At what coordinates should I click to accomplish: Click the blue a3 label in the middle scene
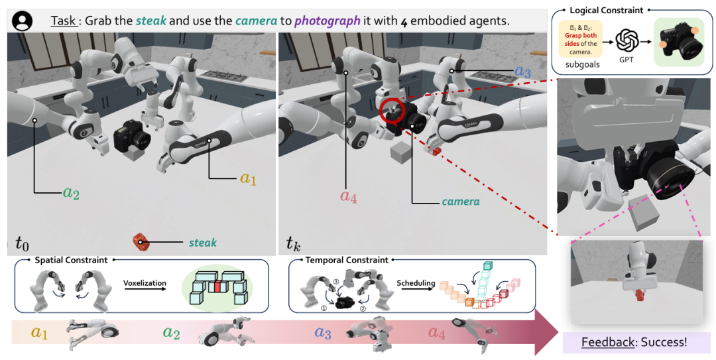(524, 71)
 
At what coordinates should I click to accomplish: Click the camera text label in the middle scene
(461, 200)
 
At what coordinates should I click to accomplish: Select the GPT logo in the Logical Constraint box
(626, 41)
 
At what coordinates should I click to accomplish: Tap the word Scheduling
(416, 282)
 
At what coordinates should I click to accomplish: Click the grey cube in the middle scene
(400, 154)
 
